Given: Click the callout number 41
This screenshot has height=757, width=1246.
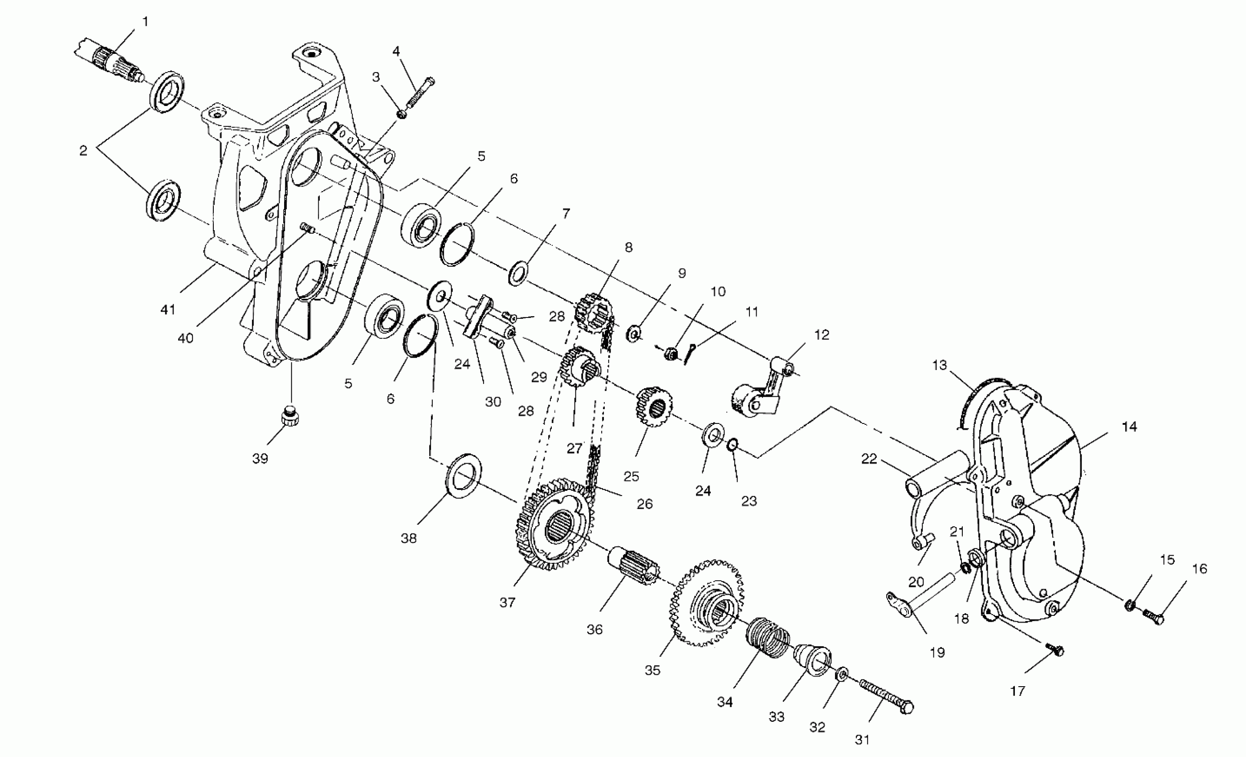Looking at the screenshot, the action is click(168, 309).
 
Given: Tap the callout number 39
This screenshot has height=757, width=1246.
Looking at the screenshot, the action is click(260, 459).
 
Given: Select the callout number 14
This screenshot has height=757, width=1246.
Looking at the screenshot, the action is click(1129, 427).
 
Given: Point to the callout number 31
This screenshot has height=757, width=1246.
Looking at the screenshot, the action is click(862, 740).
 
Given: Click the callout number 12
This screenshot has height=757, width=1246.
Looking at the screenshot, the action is click(822, 335).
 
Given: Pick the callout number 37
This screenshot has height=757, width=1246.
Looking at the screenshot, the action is click(507, 602).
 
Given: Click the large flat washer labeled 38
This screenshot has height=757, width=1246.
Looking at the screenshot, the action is click(464, 475).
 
